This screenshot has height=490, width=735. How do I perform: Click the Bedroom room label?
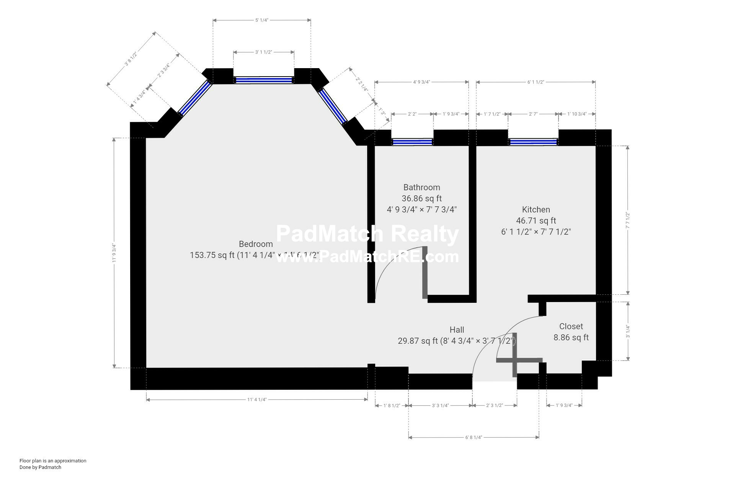(x=256, y=244)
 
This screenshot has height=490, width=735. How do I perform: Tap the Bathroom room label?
(x=421, y=187)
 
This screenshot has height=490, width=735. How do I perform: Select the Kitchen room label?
(x=536, y=209)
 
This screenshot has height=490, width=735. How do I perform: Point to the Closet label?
(x=571, y=326)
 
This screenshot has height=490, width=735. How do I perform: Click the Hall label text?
(x=457, y=330)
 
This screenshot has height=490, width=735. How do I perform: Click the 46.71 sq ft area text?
(x=536, y=220)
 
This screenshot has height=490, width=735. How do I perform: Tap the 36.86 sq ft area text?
(x=421, y=198)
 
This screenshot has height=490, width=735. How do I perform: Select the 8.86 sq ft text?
(x=571, y=337)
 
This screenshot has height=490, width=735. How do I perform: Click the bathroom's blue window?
(x=412, y=142)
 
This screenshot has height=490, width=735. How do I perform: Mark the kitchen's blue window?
(x=533, y=142)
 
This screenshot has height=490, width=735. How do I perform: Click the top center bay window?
(x=263, y=80)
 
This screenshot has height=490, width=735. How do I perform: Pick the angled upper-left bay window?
(x=195, y=98)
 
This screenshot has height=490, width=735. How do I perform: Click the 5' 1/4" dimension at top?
(x=261, y=20)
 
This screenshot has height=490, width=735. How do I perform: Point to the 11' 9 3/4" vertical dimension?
(x=114, y=253)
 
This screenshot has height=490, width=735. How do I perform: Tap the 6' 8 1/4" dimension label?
(x=474, y=437)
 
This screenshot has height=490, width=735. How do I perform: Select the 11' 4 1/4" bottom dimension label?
(x=256, y=400)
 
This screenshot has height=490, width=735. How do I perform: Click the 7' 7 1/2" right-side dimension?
(x=627, y=220)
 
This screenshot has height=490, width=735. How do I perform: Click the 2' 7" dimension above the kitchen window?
(x=533, y=114)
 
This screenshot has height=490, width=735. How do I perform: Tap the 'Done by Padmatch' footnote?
(x=40, y=467)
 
